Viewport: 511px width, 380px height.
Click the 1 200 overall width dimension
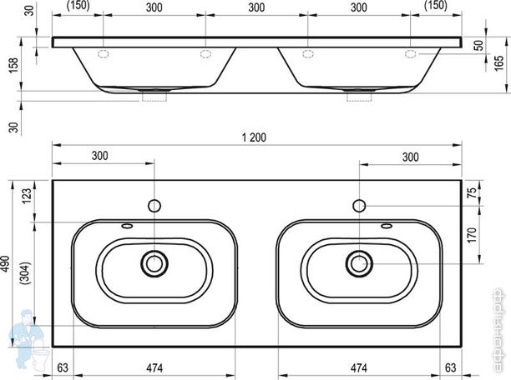click(254, 137)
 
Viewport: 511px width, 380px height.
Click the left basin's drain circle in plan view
click(154, 263)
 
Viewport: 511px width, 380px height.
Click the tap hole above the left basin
click(154, 205)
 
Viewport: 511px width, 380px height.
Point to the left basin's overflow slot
click(127, 227)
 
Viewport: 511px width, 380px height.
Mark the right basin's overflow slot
click(387, 227)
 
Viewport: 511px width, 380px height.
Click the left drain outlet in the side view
click(154, 97)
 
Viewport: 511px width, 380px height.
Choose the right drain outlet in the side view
click(359, 97)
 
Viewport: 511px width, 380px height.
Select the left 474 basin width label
click(154, 367)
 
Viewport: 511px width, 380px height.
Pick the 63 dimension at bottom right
click(451, 367)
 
